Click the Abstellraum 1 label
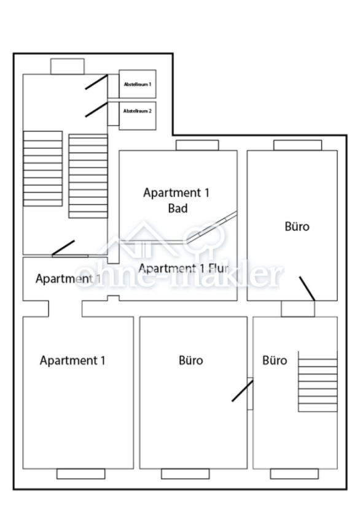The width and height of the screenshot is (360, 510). pos(138,84)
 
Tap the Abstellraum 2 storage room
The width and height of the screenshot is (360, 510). pos(138,111)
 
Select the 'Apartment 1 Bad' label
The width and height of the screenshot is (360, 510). pos(176,200)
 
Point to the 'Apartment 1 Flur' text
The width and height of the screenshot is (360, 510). pos(184,269)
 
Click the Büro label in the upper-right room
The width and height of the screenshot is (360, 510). pos(297,226)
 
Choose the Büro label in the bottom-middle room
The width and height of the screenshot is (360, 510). pos(190,360)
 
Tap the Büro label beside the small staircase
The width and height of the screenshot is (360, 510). pos(275,360)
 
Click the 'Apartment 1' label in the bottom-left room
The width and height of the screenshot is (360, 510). pos(72,360)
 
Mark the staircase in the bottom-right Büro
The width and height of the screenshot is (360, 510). pos(318,381)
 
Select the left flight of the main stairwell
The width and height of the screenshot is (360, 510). pos(43,168)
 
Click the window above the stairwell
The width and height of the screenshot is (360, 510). pos(67,66)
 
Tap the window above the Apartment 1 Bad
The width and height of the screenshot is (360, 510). pos(197,145)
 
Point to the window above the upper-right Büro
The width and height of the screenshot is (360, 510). pos(297,145)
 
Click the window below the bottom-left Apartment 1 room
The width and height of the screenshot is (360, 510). pos(80,474)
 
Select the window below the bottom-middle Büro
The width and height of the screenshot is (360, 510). pos(185,474)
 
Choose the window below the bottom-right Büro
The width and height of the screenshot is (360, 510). pos(294,474)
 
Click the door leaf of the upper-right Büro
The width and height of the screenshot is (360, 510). pos(307,288)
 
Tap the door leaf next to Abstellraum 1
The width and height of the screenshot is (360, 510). pos(96,82)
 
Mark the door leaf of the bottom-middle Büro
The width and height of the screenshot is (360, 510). pos(242,391)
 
